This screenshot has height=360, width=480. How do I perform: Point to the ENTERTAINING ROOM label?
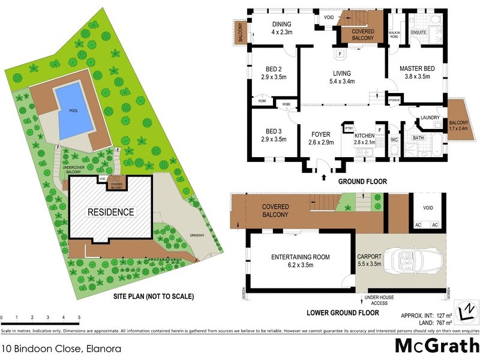300,257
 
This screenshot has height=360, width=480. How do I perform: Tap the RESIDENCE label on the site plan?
111,212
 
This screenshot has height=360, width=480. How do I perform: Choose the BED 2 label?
272,69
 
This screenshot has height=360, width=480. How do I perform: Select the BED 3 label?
272,131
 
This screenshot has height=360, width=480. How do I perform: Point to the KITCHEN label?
365,134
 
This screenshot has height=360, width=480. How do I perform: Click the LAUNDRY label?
430,118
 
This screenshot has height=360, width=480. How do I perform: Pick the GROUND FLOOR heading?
362,181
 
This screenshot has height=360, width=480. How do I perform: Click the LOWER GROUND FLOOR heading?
343,313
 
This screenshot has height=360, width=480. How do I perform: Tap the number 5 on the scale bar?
79,317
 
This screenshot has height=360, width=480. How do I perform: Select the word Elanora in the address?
104,347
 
